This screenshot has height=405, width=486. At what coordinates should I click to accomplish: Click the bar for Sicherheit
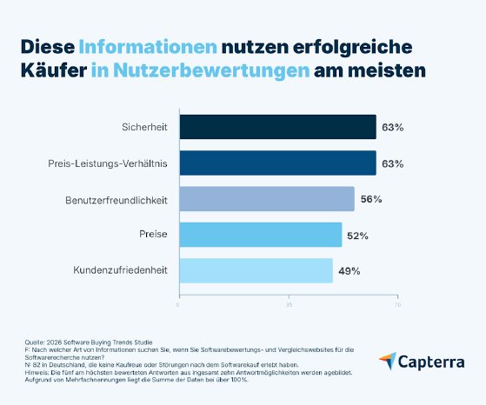[x=277, y=127]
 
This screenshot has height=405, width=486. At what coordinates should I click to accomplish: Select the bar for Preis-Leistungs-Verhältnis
[x=277, y=163]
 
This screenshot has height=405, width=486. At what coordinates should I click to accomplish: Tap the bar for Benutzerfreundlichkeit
[x=266, y=198]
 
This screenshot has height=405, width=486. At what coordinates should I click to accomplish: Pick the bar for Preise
[x=260, y=234]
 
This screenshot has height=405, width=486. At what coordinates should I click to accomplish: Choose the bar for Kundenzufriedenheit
[x=256, y=269]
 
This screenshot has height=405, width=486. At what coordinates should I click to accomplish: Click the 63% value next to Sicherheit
[x=392, y=127]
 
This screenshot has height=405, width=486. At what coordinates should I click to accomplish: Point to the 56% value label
[x=370, y=198]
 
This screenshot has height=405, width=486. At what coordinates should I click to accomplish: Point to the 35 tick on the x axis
[x=288, y=305]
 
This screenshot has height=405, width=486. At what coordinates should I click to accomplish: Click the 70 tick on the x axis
[x=397, y=305]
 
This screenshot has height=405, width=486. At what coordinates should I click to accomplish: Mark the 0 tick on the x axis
[x=178, y=305]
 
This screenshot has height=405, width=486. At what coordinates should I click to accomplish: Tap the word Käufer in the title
[x=51, y=70]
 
